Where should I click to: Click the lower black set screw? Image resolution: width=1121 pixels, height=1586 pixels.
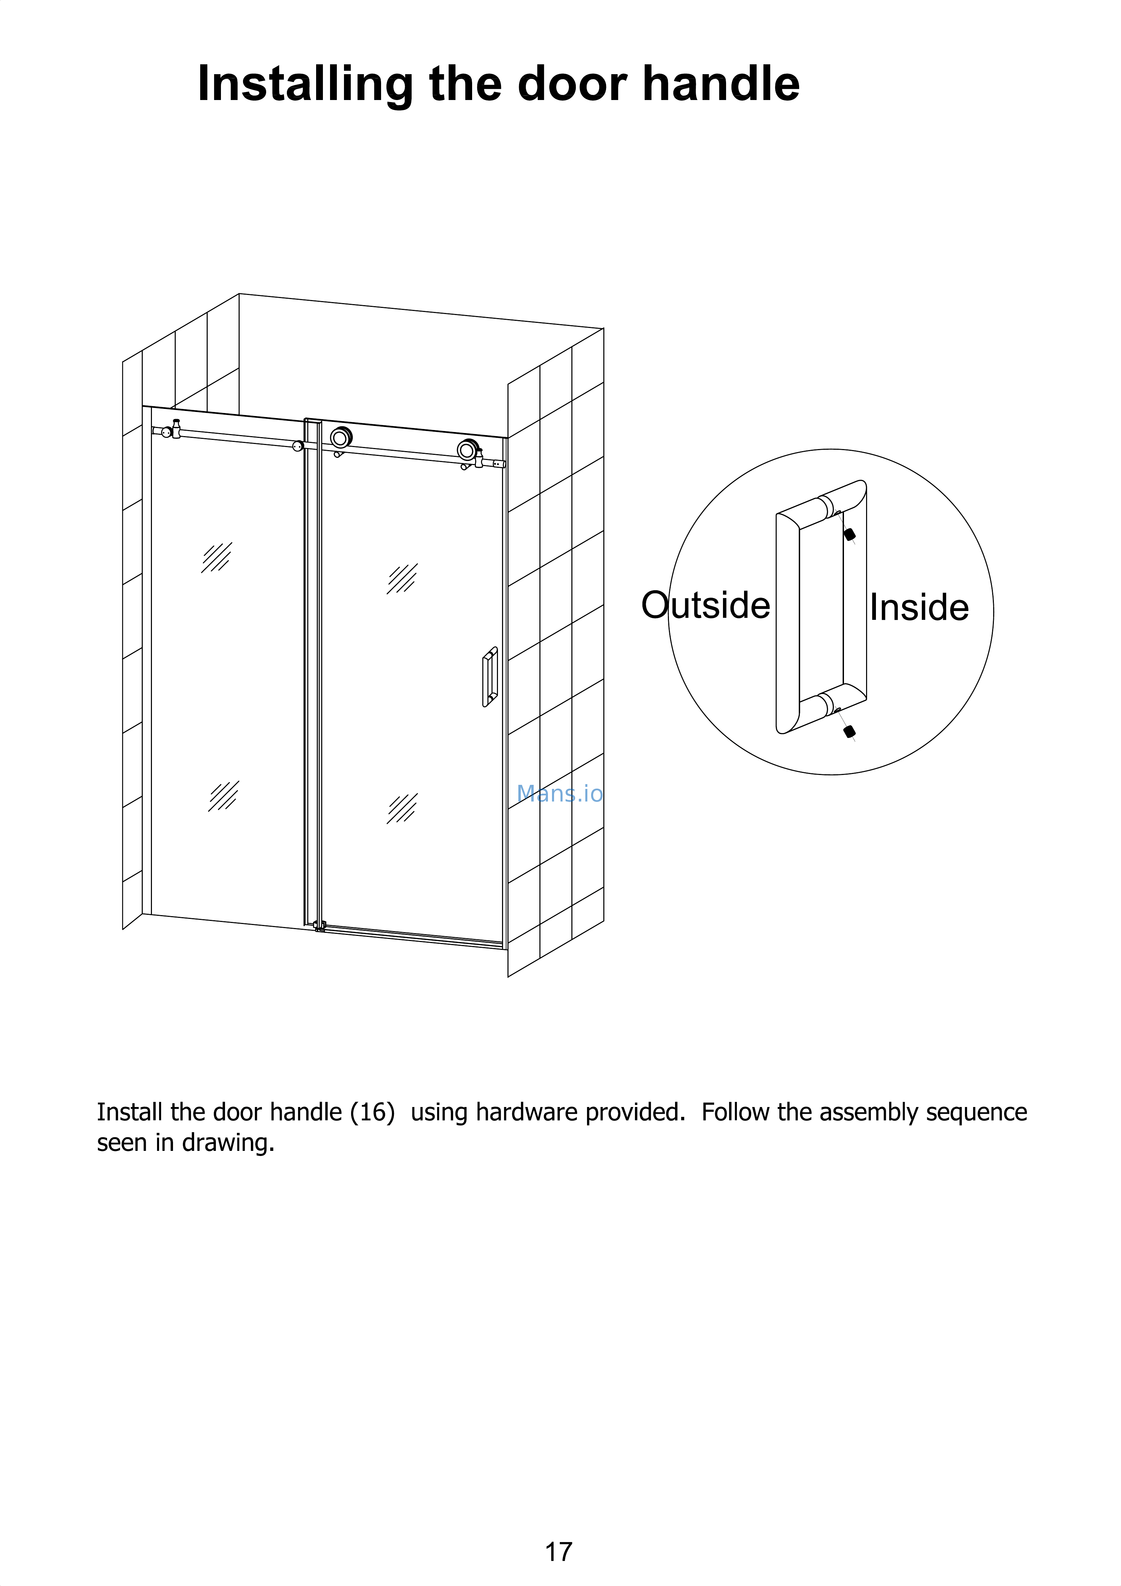pos(850,731)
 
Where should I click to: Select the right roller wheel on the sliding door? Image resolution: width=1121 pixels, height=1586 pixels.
pos(467,450)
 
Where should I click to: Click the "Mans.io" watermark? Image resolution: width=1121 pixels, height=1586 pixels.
pos(560,794)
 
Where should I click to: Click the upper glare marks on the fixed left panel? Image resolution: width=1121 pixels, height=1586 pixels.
pos(217,558)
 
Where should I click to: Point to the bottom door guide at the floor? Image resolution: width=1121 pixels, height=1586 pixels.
pos(319,926)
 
